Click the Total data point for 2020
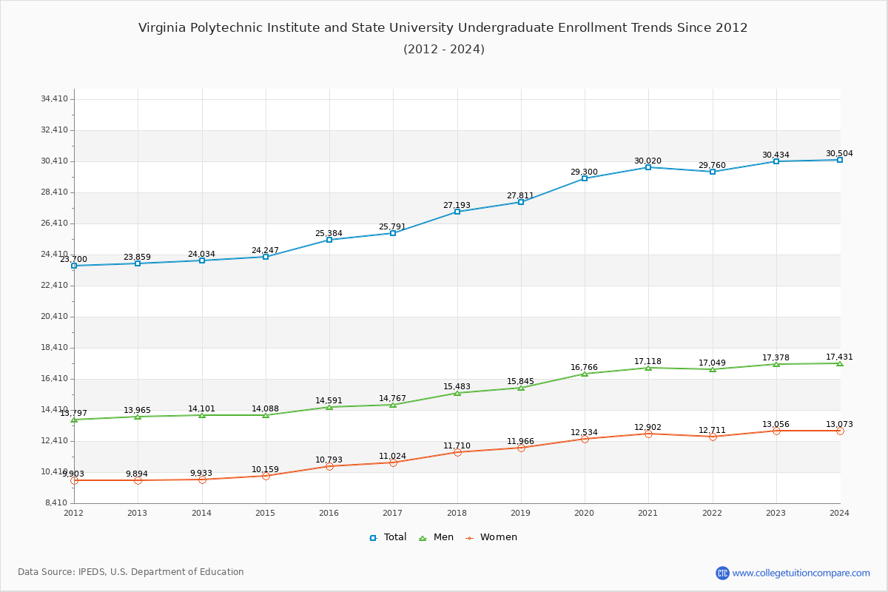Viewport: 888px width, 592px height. tap(585, 178)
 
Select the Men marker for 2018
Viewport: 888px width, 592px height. tap(457, 393)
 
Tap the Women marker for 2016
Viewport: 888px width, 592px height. tap(329, 466)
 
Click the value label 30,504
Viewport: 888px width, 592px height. tap(839, 154)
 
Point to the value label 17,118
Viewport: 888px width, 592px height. tap(647, 362)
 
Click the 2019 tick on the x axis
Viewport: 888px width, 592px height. tap(521, 513)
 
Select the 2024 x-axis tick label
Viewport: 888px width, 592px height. tap(839, 513)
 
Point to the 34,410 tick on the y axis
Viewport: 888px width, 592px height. tap(55, 99)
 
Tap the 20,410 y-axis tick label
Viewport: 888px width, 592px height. tap(55, 317)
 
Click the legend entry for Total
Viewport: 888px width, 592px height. tap(388, 537)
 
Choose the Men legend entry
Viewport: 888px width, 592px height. tap(437, 537)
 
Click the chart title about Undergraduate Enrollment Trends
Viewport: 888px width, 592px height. tap(443, 28)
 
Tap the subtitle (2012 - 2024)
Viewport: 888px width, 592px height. tap(443, 50)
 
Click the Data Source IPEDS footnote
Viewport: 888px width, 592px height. tap(131, 572)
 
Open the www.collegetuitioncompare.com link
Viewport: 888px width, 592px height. tap(801, 573)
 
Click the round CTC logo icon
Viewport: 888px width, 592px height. tap(722, 573)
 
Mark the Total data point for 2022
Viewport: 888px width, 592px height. tap(713, 172)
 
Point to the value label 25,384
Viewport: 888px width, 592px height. tap(329, 234)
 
